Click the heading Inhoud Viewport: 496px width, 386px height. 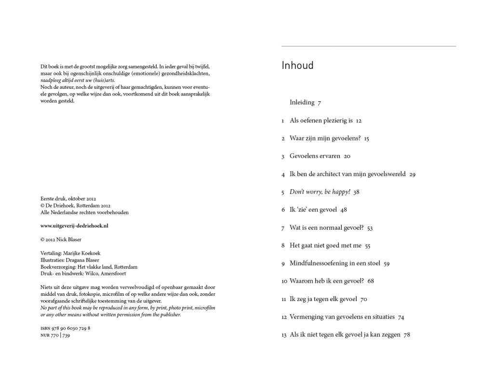click(297, 66)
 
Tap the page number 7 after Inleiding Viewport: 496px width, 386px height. click(319, 103)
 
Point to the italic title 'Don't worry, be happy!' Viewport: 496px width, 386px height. click(320, 192)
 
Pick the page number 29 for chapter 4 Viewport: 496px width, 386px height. click(412, 174)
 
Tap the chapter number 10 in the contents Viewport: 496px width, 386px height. click(284, 281)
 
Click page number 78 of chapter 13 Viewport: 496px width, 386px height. click(407, 335)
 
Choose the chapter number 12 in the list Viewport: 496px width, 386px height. click(284, 317)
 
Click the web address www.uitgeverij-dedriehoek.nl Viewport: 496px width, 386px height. click(74, 226)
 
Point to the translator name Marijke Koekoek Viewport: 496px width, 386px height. click(83, 253)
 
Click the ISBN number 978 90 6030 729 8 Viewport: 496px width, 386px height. click(71, 328)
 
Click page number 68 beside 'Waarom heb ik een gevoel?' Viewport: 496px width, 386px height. click(371, 281)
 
